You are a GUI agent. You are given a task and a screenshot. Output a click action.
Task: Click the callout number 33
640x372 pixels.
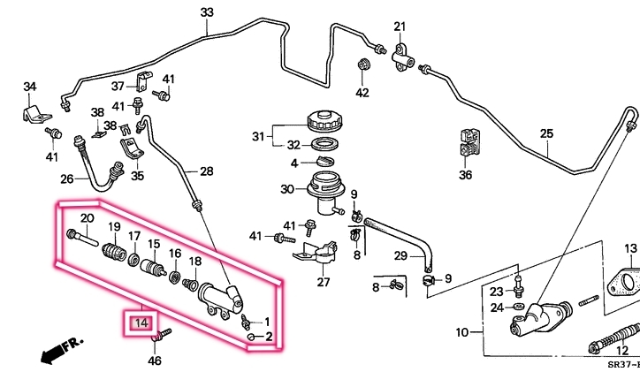[207, 12]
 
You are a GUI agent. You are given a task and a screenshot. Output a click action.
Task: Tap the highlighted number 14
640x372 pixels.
[141, 323]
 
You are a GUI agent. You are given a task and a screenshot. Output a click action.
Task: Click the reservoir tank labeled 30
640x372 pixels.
[324, 191]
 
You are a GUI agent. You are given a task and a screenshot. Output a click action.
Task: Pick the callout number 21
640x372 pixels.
[400, 26]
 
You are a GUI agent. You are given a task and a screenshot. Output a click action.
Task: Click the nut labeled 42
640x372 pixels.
[362, 65]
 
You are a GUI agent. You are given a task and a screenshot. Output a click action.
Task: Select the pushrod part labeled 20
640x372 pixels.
[81, 236]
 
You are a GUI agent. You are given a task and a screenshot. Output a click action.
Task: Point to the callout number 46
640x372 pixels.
[155, 360]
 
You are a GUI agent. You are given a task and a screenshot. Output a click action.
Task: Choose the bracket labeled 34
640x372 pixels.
[34, 114]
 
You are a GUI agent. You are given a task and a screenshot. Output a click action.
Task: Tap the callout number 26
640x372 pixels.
[67, 178]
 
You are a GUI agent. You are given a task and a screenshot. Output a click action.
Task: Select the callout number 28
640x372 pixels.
[206, 171]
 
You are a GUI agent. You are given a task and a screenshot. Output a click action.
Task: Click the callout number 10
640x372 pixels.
[461, 333]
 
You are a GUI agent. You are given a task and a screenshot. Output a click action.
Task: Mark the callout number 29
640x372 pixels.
[400, 256]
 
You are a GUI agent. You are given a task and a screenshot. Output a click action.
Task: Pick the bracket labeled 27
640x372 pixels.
[318, 253]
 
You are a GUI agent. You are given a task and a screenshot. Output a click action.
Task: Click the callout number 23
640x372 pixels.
[496, 291]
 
